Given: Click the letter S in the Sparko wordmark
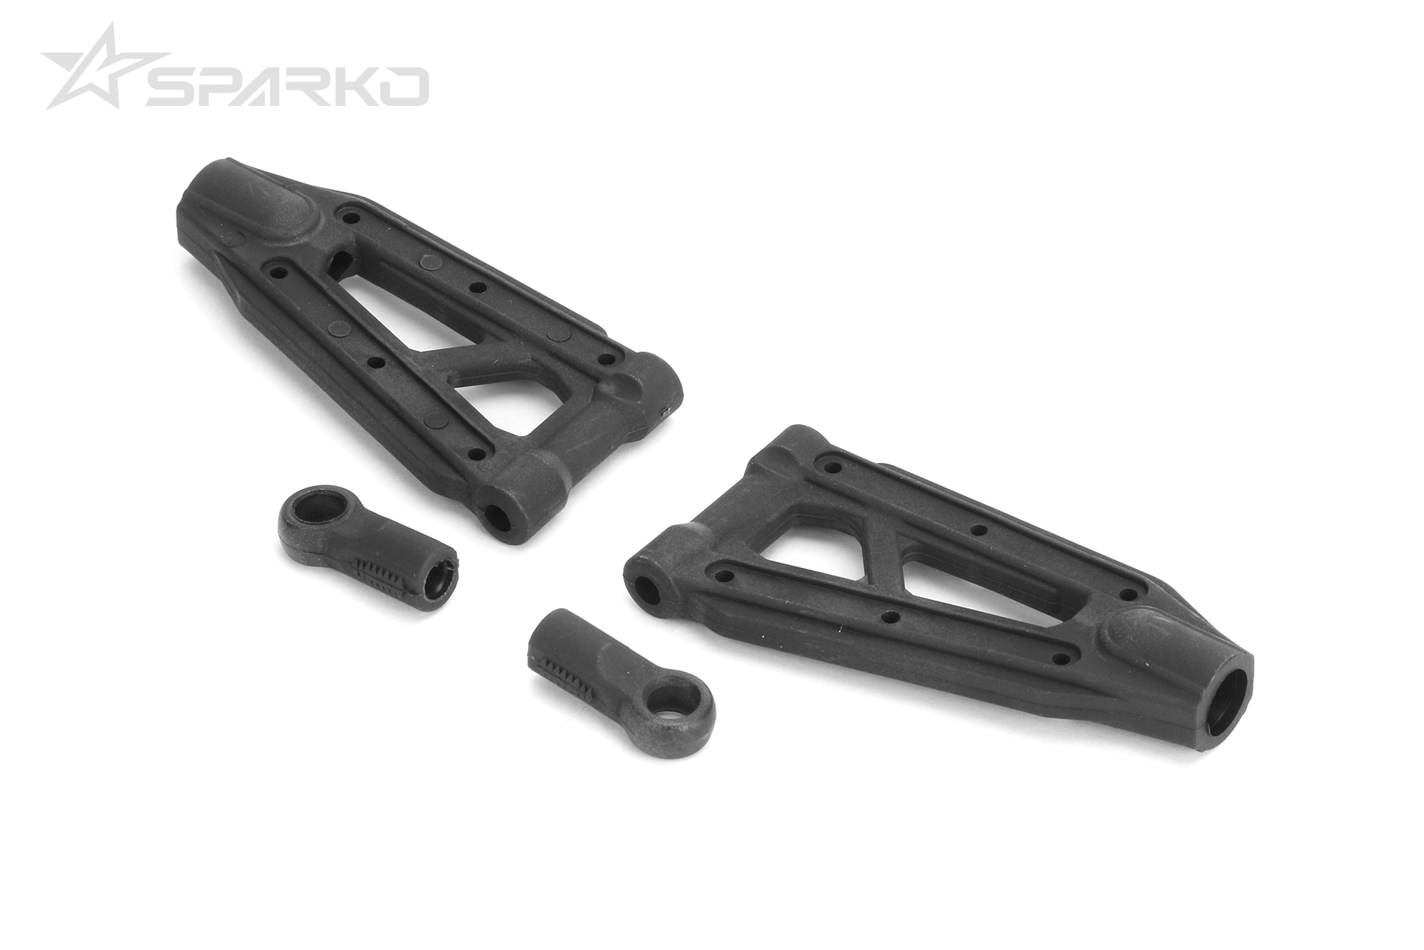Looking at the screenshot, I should [168, 86].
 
